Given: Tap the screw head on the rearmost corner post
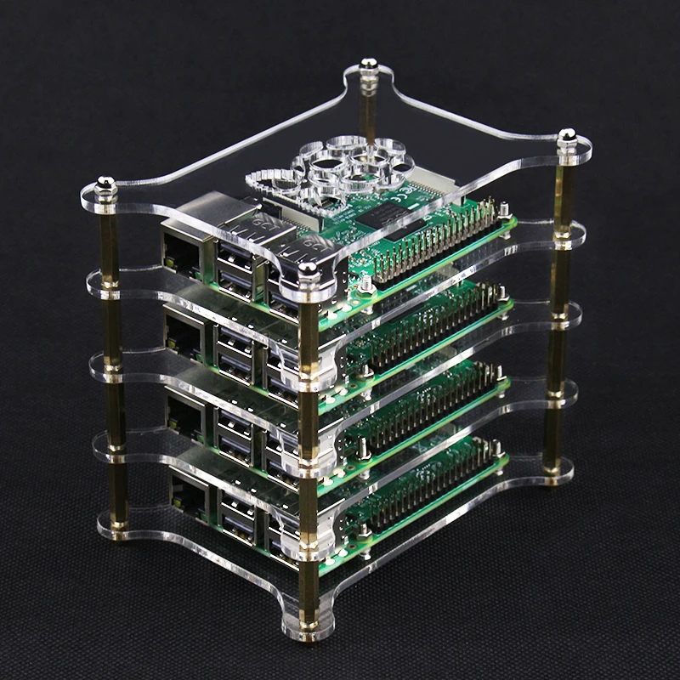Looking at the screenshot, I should click(x=368, y=65).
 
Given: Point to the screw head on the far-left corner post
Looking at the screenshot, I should click(x=105, y=184).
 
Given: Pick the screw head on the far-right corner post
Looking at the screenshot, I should click(x=566, y=136).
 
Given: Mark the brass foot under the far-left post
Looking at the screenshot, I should click(x=118, y=532).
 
